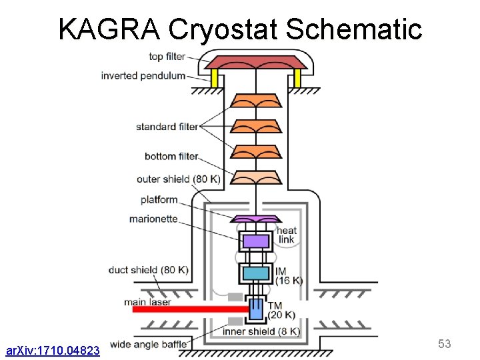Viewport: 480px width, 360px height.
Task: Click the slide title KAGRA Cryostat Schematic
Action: [x=240, y=29]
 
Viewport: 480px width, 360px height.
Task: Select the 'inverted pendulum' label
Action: [x=143, y=75]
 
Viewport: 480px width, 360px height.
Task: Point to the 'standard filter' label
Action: [x=166, y=127]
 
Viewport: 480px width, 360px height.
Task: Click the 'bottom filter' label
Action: [x=171, y=157]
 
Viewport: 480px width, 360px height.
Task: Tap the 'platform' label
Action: [x=159, y=199]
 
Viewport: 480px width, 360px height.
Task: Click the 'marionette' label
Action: [x=153, y=219]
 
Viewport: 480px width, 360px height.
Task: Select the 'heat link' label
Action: [x=286, y=235]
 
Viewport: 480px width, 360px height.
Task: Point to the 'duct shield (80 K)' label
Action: [x=148, y=270]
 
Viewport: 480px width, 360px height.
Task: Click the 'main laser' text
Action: [x=147, y=302]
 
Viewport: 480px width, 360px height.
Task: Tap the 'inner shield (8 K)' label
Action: [x=261, y=331]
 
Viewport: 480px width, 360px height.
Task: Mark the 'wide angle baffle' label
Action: [x=149, y=345]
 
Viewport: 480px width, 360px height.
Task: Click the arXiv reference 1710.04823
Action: [x=53, y=350]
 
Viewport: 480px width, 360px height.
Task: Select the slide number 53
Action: [x=445, y=344]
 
